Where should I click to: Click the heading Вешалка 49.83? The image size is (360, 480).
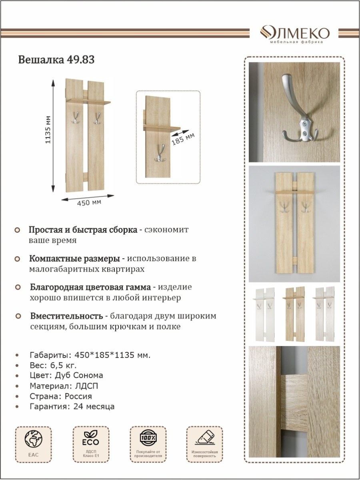coord(56,60)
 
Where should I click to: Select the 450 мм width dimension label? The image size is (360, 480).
coord(89,202)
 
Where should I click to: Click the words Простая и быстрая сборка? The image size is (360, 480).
coord(83,230)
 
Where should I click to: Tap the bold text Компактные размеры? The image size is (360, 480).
coord(74,259)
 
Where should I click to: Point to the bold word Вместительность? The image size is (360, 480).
coord(66,316)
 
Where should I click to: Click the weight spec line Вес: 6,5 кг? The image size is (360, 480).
coord(53,365)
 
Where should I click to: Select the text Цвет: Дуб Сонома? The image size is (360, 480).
coord(66,375)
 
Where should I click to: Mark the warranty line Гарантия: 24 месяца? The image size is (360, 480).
coord(72,406)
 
